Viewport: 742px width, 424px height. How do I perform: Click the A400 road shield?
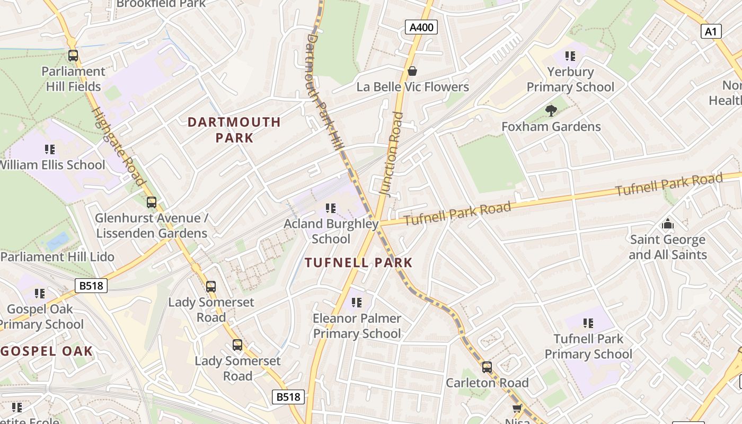[x=421, y=28]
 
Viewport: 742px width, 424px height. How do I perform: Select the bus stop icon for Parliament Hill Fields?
[x=73, y=55]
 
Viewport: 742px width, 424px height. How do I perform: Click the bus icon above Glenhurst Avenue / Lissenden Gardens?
[x=152, y=202]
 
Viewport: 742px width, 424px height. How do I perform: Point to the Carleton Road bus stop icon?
[x=487, y=367]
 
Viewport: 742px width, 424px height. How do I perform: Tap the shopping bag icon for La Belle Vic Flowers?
[x=412, y=70]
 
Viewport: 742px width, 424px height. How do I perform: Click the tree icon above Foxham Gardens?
[x=551, y=110]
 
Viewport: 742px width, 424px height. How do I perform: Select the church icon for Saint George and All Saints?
[x=668, y=224]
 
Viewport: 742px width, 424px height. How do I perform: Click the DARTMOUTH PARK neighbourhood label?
[x=234, y=130]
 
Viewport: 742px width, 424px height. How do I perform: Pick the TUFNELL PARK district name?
[x=359, y=262]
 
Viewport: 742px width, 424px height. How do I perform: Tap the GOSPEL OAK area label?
[x=47, y=351]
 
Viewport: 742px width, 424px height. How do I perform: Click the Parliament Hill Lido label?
[x=57, y=257]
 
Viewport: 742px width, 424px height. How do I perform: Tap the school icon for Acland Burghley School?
[x=331, y=208]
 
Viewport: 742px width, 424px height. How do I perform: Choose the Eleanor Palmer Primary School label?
[x=357, y=326]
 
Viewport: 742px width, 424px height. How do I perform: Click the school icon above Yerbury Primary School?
[x=570, y=56]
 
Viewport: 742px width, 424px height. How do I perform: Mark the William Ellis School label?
[x=52, y=165]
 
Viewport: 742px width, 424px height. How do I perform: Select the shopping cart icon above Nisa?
[x=517, y=408]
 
